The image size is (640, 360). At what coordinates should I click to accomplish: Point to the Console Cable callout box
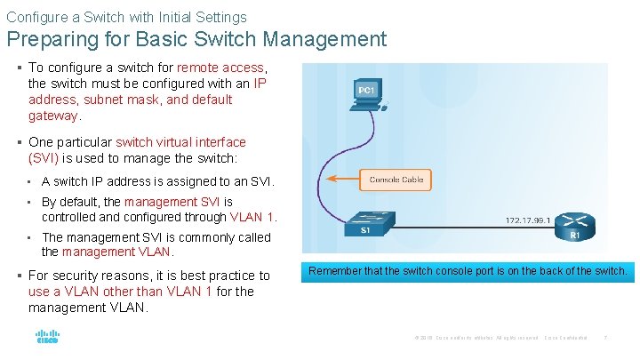(x=396, y=180)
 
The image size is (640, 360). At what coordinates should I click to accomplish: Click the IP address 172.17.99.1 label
(x=528, y=220)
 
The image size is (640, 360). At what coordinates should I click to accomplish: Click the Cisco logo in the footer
(x=46, y=338)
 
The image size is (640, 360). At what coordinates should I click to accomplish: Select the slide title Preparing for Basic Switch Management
(x=196, y=39)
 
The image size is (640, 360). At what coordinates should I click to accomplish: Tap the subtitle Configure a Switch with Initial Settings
(x=126, y=16)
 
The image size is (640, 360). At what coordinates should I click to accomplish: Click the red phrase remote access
(x=220, y=68)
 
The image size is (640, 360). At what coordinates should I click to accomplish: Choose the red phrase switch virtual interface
(x=181, y=142)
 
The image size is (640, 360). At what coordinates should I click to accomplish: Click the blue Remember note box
(x=468, y=270)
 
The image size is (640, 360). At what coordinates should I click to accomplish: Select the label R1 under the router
(x=575, y=236)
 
